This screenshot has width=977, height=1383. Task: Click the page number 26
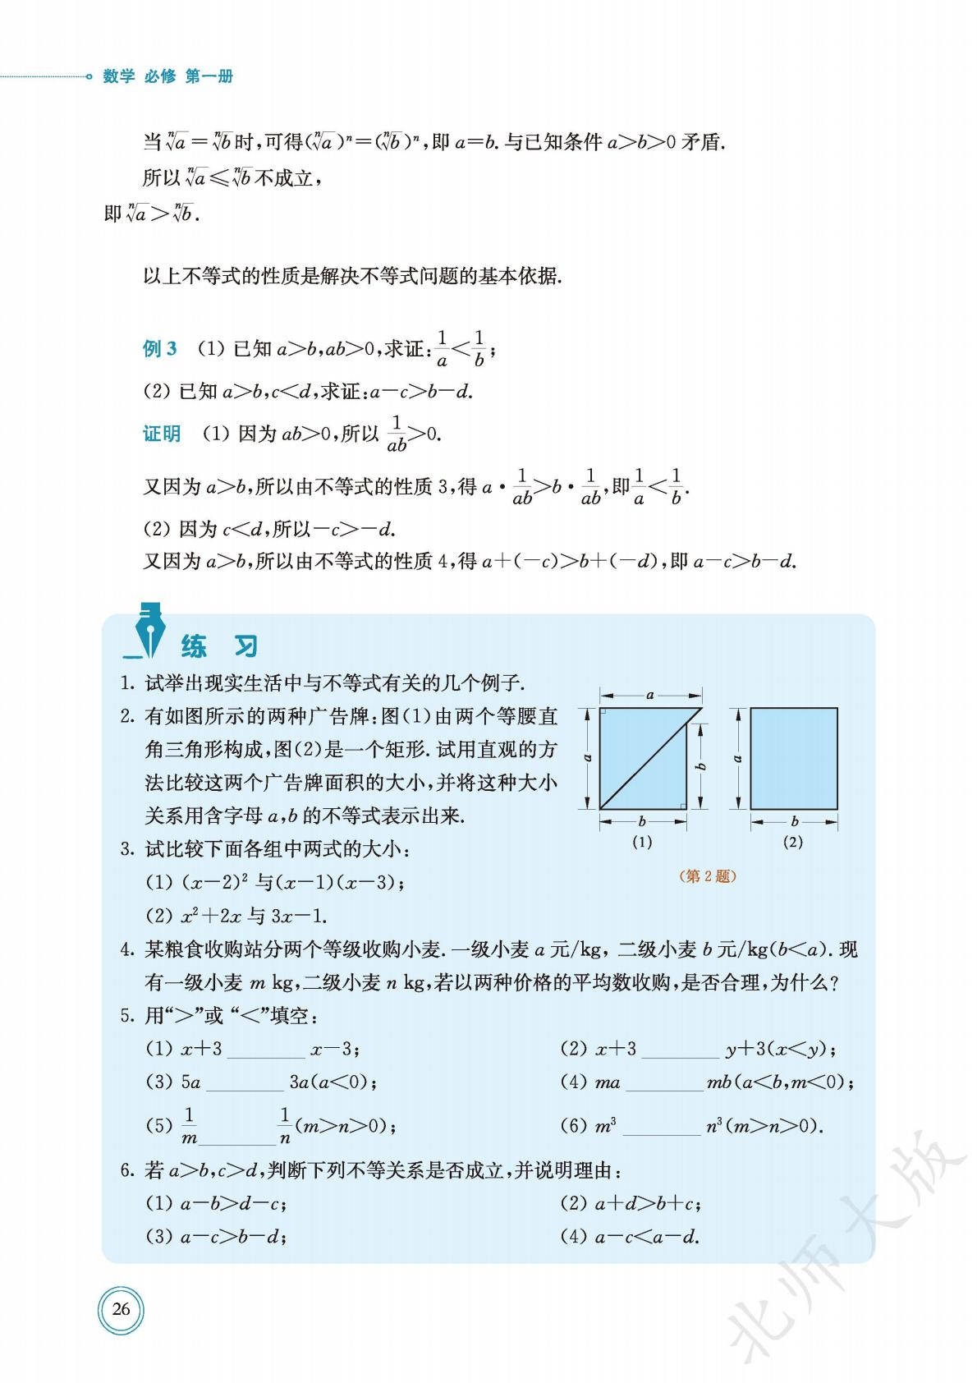click(x=121, y=1309)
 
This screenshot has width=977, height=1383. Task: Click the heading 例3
click(x=159, y=348)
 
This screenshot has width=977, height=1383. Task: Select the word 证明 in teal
click(x=162, y=434)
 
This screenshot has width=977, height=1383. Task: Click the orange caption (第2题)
click(x=709, y=876)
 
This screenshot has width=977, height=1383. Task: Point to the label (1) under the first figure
click(x=641, y=842)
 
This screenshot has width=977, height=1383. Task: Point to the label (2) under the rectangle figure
click(x=792, y=842)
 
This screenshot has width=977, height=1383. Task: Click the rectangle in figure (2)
click(x=794, y=759)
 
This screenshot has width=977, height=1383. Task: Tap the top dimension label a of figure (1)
click(x=650, y=695)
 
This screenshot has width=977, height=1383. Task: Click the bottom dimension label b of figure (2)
click(x=794, y=820)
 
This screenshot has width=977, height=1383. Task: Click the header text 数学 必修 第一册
click(x=168, y=76)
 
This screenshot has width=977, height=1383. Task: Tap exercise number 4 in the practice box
click(x=127, y=950)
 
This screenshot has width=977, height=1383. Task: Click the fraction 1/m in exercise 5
click(x=189, y=1126)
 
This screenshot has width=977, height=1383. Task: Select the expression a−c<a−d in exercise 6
click(x=646, y=1236)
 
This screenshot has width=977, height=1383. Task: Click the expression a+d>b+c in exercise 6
click(x=646, y=1203)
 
